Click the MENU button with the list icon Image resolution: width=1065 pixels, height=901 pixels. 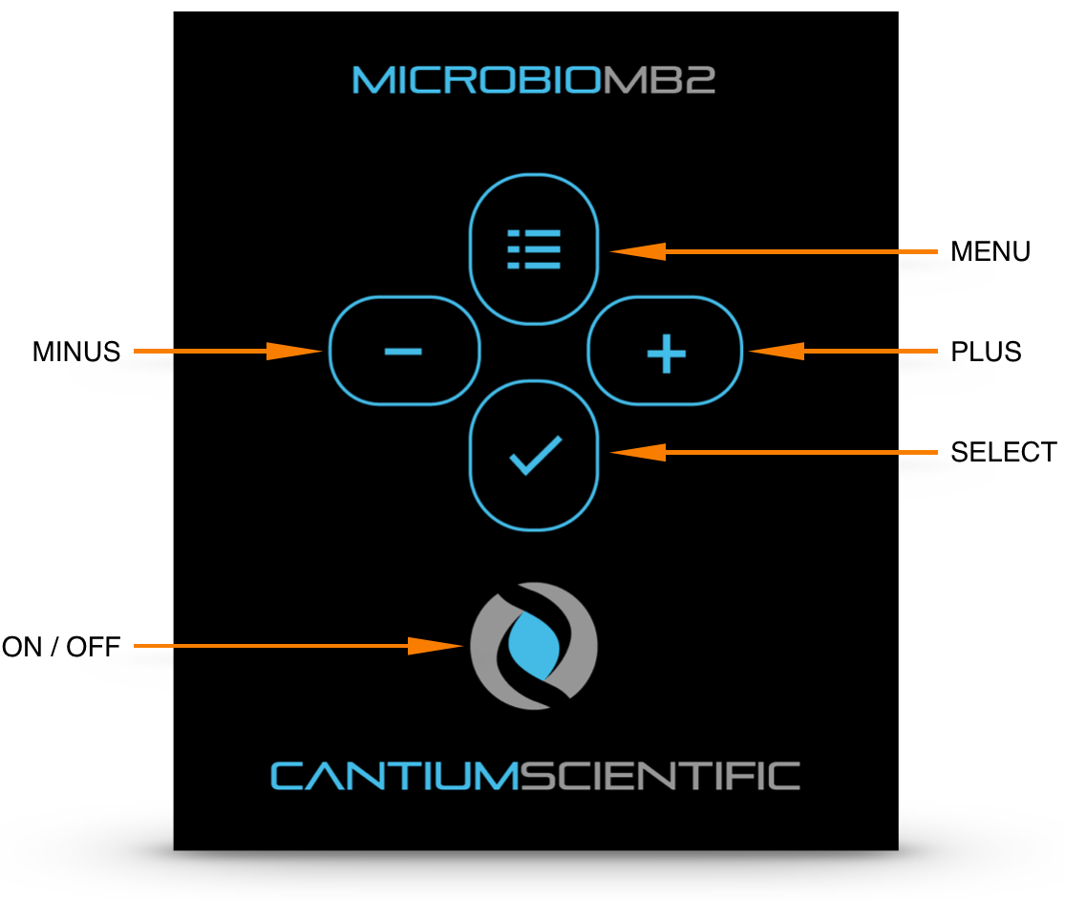pos(534,248)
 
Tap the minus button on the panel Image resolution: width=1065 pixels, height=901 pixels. pos(403,352)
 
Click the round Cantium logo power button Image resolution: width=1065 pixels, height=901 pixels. pos(534,646)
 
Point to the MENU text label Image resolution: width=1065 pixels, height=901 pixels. pos(990,252)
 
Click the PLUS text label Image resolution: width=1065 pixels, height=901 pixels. pos(986,353)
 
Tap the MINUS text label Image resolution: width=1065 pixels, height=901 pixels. pos(76,353)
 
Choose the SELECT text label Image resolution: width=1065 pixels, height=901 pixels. pos(1003,452)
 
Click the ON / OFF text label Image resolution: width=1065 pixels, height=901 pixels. pos(61,648)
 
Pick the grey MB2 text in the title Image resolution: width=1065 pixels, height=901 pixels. pos(659,80)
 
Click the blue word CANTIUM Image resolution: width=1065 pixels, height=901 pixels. pos(386,776)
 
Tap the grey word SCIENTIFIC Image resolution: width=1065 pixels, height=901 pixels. pos(652,776)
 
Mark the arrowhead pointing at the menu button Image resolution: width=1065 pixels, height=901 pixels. pos(636,252)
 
